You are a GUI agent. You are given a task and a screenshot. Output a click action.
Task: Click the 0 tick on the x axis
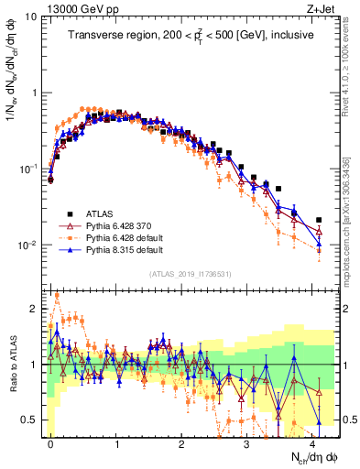(x=50, y=444)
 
